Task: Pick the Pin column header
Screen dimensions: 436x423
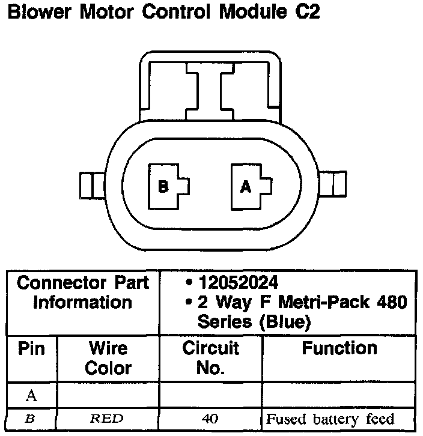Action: click(x=32, y=349)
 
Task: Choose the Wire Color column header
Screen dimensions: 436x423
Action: click(x=108, y=359)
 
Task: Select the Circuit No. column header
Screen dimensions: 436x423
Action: click(x=210, y=359)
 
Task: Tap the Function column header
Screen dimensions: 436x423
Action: click(x=339, y=349)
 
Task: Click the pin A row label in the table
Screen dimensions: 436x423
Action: click(x=32, y=396)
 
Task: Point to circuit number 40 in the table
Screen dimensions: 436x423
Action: click(x=210, y=419)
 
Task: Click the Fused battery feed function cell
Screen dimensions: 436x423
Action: click(x=330, y=419)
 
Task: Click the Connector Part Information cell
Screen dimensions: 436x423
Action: click(x=83, y=292)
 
